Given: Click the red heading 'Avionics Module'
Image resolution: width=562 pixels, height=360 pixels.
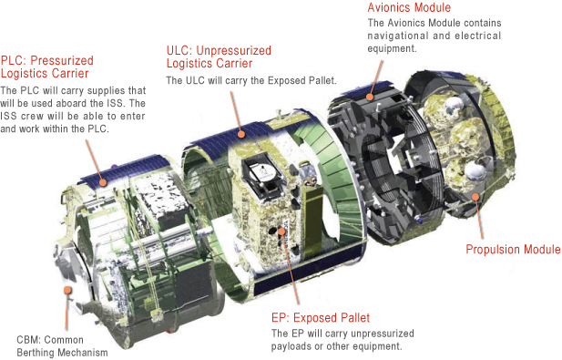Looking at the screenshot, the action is (409, 7).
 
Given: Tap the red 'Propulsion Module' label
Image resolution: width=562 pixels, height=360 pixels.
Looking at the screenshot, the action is (513, 249).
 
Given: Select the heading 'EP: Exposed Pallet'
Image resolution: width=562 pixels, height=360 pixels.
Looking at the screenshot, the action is (321, 318).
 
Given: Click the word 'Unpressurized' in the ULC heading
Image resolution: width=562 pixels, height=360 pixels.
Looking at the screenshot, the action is (233, 50).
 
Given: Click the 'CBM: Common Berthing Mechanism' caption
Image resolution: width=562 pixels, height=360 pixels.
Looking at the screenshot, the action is (62, 346).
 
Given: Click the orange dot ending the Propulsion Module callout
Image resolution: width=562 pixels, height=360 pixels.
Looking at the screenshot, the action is (475, 197).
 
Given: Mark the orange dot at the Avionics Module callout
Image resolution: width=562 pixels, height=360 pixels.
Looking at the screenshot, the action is (370, 97).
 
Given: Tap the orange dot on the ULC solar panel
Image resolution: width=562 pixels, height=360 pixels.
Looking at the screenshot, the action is (241, 135).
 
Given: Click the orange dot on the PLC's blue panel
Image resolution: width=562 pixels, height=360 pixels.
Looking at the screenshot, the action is (103, 183).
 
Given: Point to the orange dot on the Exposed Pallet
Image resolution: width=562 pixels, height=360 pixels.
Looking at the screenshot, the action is (281, 231).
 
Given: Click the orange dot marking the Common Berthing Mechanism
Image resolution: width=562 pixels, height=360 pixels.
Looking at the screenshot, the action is (67, 290).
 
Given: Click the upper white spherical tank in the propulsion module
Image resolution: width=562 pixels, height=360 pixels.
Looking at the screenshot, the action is (453, 103).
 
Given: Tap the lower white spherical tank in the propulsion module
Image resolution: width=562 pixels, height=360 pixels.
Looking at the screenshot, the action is (475, 171).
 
